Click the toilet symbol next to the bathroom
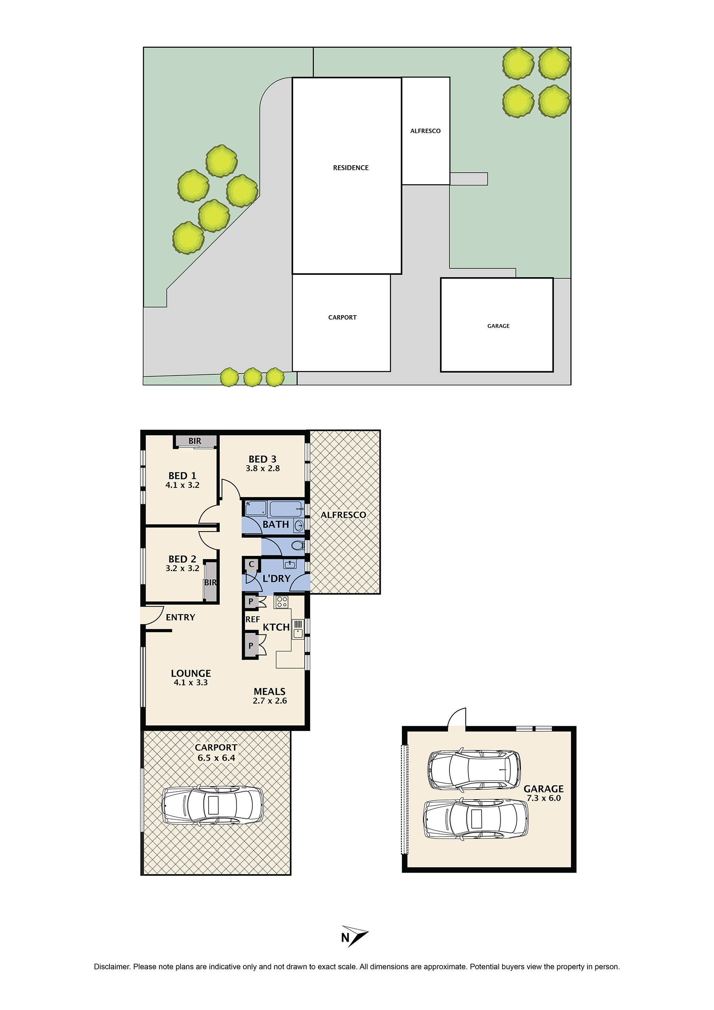297,546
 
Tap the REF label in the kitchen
252,619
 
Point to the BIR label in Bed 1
195,441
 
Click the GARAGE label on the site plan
498,326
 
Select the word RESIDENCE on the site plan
350,168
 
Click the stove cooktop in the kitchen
282,601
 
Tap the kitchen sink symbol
298,629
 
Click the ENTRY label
180,617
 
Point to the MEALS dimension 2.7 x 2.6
269,701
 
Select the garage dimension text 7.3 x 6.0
543,798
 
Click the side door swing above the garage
457,718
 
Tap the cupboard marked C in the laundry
251,565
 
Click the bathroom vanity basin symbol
299,525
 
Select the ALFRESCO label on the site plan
425,131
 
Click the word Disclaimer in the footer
112,967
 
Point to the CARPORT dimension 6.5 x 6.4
216,758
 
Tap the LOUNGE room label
191,673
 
